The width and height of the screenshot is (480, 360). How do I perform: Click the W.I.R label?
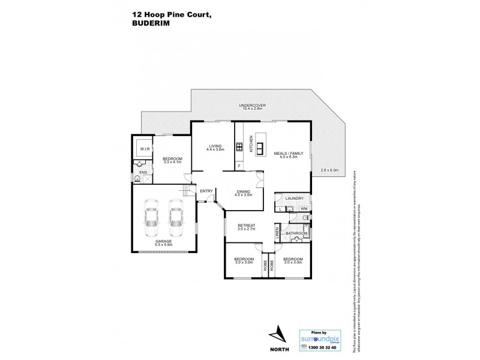(144, 148)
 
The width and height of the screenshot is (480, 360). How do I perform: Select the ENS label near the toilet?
(143, 173)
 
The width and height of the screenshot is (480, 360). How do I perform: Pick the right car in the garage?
(175, 221)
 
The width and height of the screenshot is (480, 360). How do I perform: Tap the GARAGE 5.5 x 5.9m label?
(163, 242)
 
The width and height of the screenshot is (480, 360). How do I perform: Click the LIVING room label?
(215, 148)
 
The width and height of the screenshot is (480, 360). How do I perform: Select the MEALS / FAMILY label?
(285, 153)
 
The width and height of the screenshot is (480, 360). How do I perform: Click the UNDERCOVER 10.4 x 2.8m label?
(254, 107)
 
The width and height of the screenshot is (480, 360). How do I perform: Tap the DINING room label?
(244, 193)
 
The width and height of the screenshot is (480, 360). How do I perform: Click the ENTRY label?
(206, 191)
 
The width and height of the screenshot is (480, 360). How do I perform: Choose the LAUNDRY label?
(293, 198)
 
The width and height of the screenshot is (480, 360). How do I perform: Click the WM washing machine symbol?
(304, 208)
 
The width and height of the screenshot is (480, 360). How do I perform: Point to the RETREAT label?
(247, 227)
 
